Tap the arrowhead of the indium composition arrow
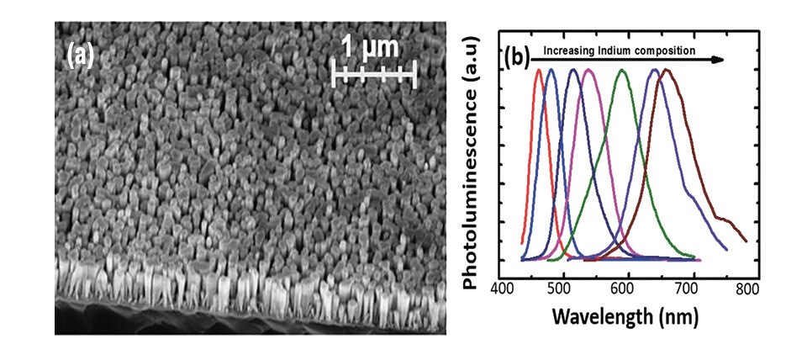tap(719, 60)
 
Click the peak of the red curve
tap(538, 71)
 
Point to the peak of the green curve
tap(622, 71)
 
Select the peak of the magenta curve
tap(588, 71)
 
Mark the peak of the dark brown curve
tap(667, 71)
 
